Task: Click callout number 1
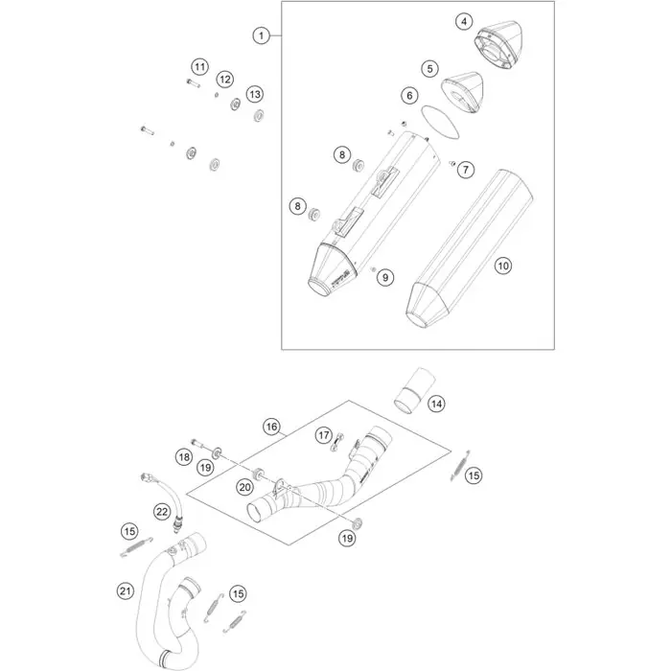pos(259,35)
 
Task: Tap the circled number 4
pos(464,21)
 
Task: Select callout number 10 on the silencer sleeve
pos(503,266)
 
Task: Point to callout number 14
pos(435,404)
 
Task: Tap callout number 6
pos(408,96)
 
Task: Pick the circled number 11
pos(198,66)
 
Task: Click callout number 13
pos(254,94)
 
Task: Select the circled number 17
pos(324,435)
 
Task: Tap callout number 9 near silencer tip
pos(384,277)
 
